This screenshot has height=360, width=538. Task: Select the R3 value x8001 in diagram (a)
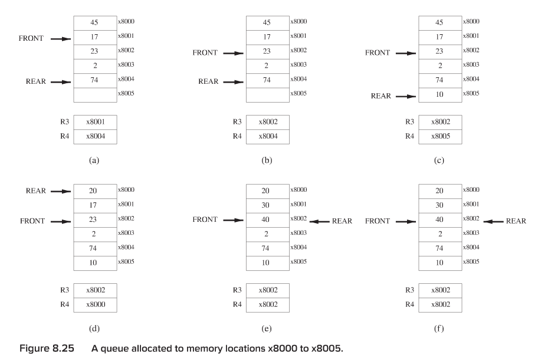(94, 122)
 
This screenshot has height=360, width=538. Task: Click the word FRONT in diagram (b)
(206, 53)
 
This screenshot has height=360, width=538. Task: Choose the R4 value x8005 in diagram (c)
(439, 136)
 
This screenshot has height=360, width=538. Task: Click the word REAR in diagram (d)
(37, 191)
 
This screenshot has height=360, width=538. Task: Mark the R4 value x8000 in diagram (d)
(94, 305)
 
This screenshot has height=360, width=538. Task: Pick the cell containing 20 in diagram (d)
(94, 191)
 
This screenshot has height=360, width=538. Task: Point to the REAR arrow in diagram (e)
(320, 221)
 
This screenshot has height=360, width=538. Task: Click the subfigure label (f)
(439, 329)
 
